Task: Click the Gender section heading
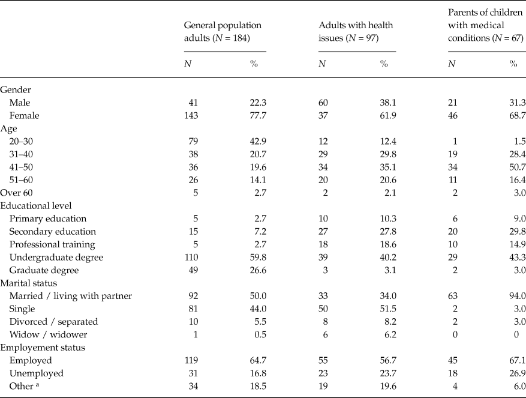[x=16, y=89]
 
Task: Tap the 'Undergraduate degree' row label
[x=56, y=257]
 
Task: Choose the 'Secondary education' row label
[x=52, y=232]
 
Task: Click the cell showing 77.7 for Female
[x=257, y=116]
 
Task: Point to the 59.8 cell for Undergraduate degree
[x=257, y=257]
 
